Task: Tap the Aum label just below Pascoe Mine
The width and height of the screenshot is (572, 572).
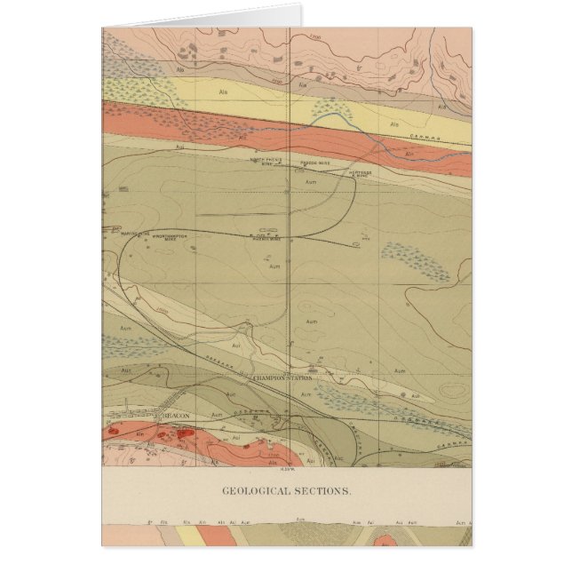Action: point(310,181)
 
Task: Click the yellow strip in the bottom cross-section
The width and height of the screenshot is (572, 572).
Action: point(188,537)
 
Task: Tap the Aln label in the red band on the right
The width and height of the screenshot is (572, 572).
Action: point(410,154)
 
